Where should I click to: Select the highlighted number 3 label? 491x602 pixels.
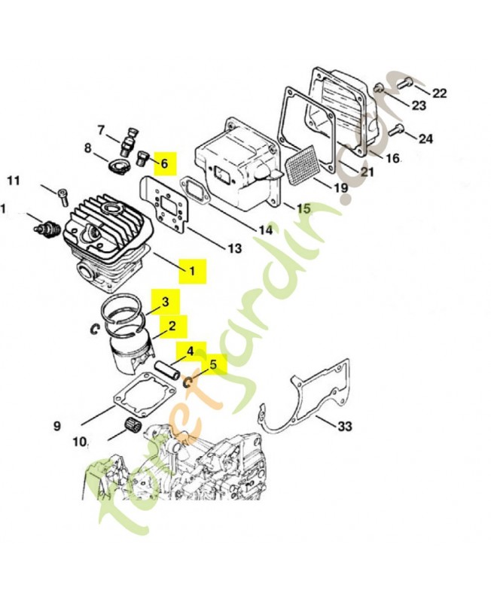(165, 302)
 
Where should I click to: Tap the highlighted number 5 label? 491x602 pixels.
(212, 365)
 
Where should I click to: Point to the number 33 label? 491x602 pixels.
(344, 427)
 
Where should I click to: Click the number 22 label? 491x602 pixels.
(440, 94)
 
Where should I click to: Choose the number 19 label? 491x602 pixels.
(340, 187)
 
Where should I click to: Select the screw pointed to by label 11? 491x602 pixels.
(63, 195)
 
